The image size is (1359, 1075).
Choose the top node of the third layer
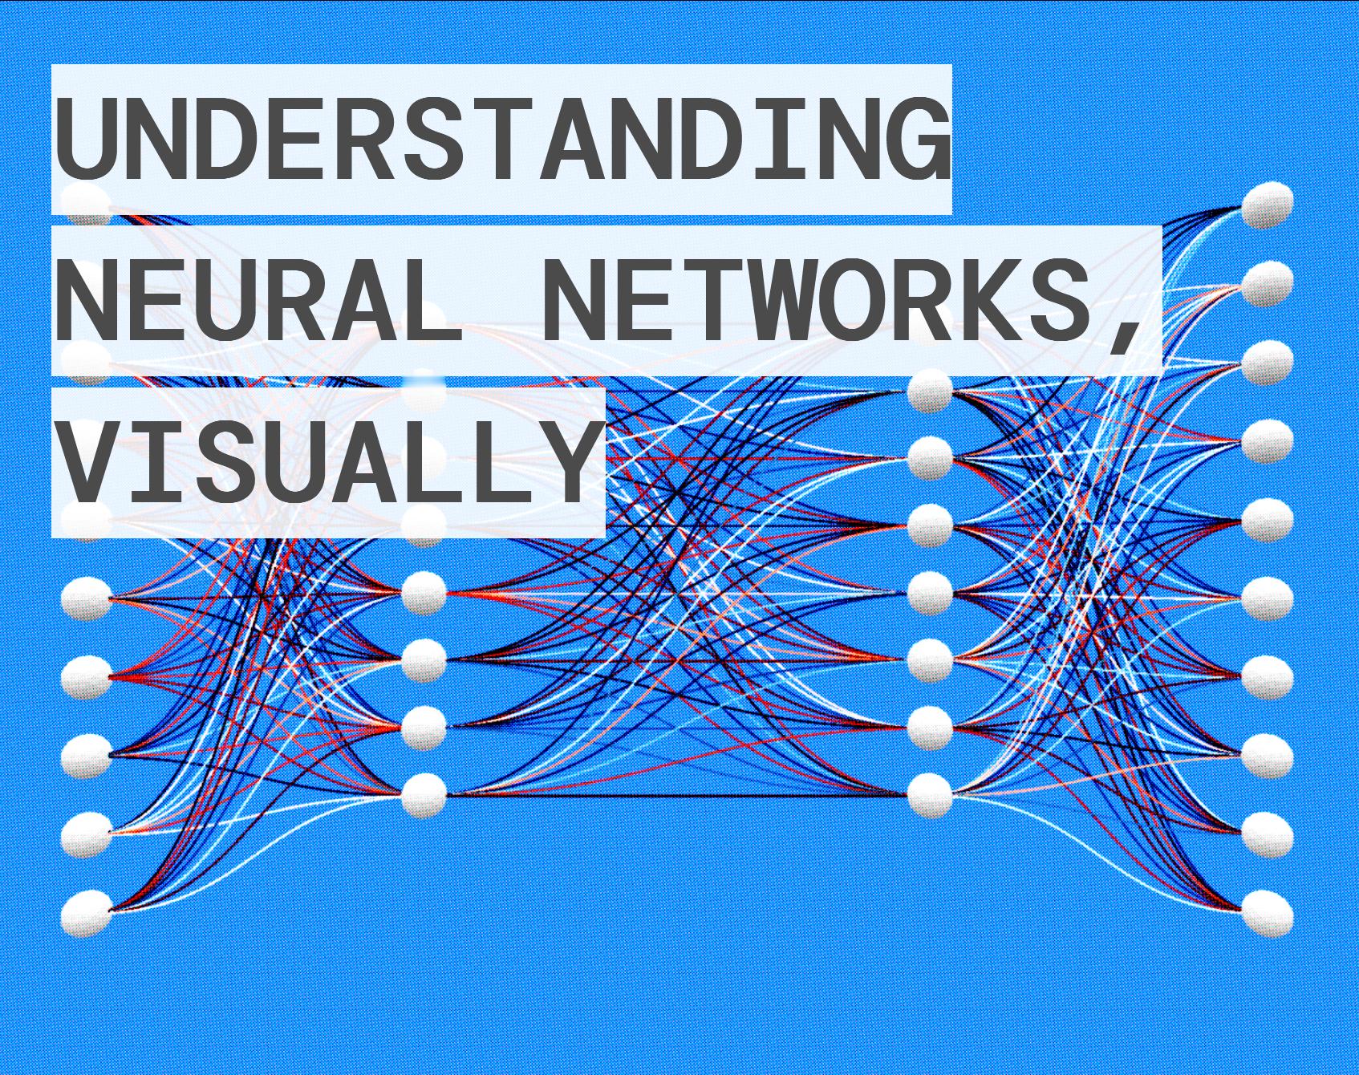[930, 392]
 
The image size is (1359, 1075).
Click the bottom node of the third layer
[930, 795]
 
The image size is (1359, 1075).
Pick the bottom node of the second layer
[424, 795]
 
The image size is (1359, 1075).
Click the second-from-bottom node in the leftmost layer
[86, 834]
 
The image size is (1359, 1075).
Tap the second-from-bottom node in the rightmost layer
[1268, 834]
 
